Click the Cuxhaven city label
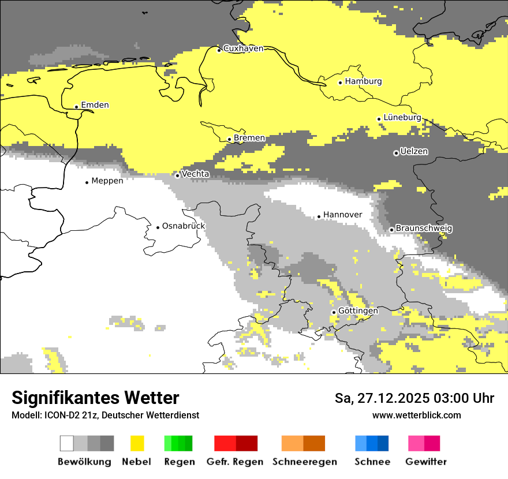pyautogui.click(x=243, y=48)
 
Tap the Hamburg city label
pyautogui.click(x=363, y=81)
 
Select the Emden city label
pyautogui.click(x=95, y=105)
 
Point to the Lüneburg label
pyautogui.click(x=402, y=117)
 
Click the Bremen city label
pyautogui.click(x=249, y=138)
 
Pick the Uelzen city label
pyautogui.click(x=414, y=152)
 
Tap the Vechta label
pyautogui.click(x=195, y=174)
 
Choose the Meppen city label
pyautogui.click(x=107, y=181)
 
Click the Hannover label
pyautogui.click(x=342, y=215)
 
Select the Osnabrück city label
pyautogui.click(x=183, y=226)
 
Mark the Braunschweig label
pyautogui.click(x=424, y=229)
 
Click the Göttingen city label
pyautogui.click(x=358, y=311)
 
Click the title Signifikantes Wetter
pyautogui.click(x=95, y=398)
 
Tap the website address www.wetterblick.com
pyautogui.click(x=416, y=416)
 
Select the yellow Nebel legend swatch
pyautogui.click(x=137, y=443)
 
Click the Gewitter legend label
pyautogui.click(x=425, y=462)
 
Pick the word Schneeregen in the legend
pyautogui.click(x=304, y=462)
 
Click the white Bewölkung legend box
pyautogui.click(x=66, y=443)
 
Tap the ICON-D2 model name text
pyautogui.click(x=57, y=416)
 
